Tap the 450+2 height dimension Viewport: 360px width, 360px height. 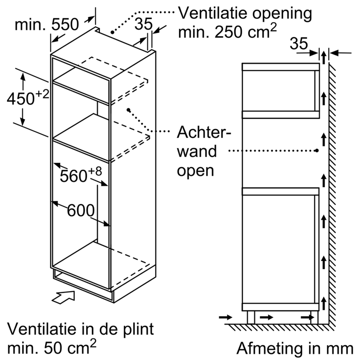[x=27, y=98]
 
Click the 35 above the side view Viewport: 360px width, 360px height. [x=300, y=44]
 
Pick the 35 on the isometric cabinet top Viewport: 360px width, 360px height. [x=143, y=24]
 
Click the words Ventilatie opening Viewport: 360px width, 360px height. [x=245, y=13]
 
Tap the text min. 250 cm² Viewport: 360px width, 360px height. [x=227, y=32]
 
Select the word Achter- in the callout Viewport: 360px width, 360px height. [x=204, y=132]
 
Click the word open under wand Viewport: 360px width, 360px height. [x=196, y=170]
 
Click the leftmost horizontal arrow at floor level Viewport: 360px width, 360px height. [x=226, y=317]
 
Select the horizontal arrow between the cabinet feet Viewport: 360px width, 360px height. [x=266, y=317]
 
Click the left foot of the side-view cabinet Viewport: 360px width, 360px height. [x=251, y=317]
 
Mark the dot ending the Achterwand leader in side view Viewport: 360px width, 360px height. [x=316, y=151]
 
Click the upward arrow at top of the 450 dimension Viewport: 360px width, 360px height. [x=23, y=76]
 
